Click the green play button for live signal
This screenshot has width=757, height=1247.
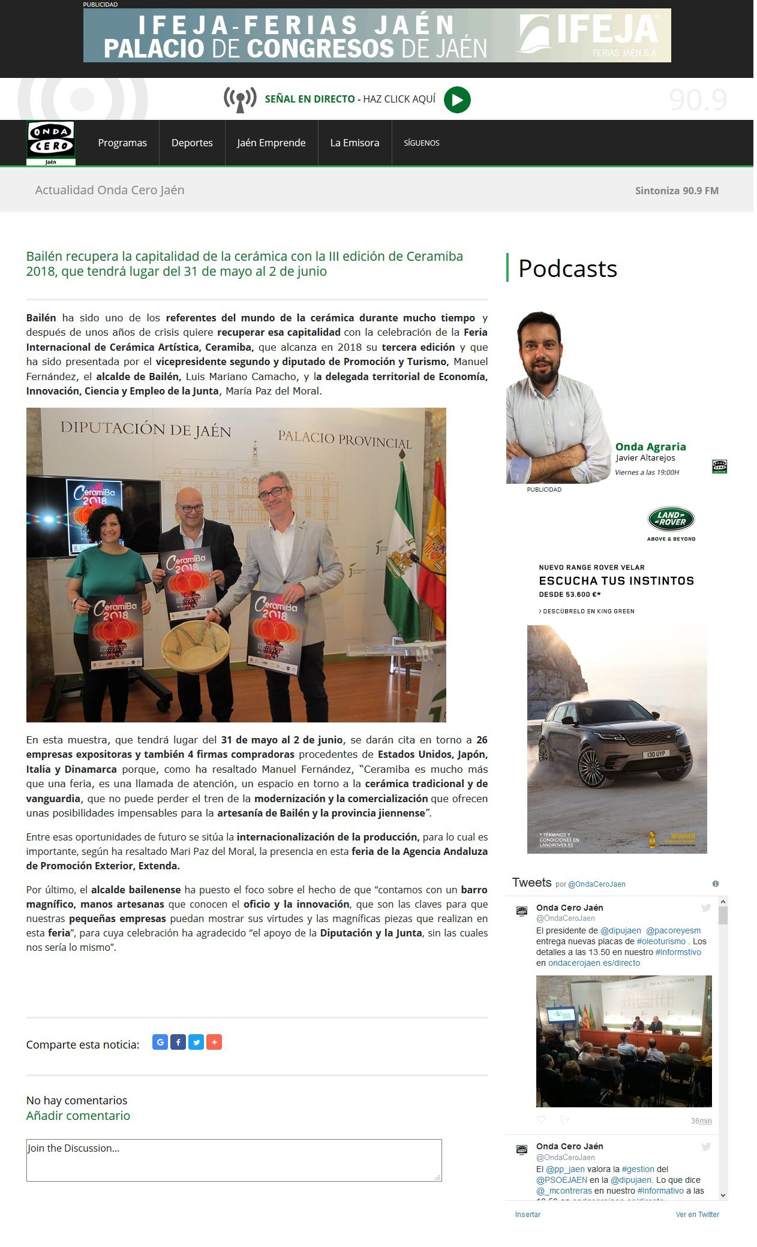click(x=457, y=100)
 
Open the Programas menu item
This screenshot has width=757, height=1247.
click(x=122, y=143)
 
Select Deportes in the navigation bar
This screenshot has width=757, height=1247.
click(x=192, y=143)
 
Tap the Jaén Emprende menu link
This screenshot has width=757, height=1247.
click(x=271, y=143)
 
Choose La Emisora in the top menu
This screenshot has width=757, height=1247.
click(x=355, y=143)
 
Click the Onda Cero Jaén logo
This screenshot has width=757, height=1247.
click(x=51, y=143)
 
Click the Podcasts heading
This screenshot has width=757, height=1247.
click(x=567, y=269)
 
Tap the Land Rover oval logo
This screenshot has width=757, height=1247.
click(x=671, y=519)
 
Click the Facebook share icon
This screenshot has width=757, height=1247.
click(x=178, y=1042)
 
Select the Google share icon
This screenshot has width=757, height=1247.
click(x=160, y=1042)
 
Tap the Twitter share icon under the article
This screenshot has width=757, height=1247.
click(x=196, y=1042)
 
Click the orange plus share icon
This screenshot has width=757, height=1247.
click(x=214, y=1042)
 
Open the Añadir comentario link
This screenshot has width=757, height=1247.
click(x=78, y=1116)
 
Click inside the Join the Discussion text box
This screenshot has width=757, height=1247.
click(x=234, y=1160)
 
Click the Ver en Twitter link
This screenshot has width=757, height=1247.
click(x=697, y=1215)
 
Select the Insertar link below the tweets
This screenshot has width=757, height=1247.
click(x=528, y=1215)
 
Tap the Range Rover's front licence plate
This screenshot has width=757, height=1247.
click(x=656, y=754)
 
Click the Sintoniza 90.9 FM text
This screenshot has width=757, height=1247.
click(x=677, y=191)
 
